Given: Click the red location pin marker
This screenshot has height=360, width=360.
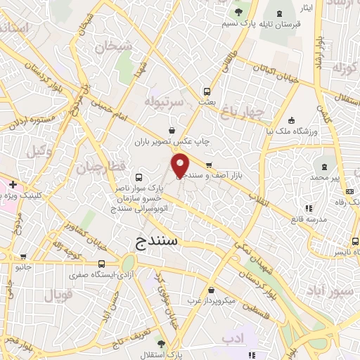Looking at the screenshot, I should [181, 166].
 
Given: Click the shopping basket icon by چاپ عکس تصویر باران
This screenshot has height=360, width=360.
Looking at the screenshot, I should [172, 130].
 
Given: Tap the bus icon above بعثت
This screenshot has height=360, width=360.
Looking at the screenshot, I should [207, 91].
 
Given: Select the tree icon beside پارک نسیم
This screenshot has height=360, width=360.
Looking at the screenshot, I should [239, 12].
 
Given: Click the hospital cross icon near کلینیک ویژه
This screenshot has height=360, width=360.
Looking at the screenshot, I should [13, 184].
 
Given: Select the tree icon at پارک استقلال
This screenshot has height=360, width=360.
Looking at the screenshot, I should [161, 344].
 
